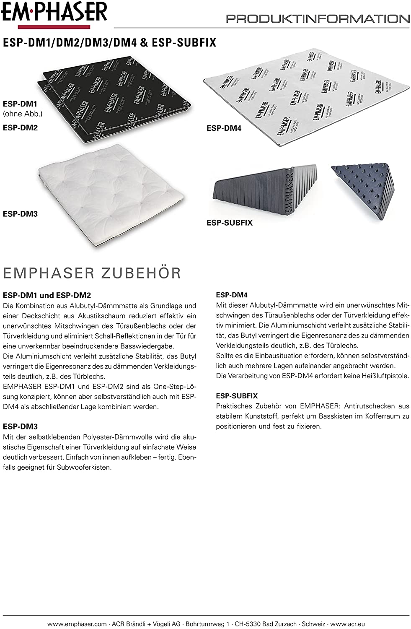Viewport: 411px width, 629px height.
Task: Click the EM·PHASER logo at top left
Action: [x=54, y=13]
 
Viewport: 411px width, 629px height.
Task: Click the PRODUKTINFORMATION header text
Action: [x=318, y=19]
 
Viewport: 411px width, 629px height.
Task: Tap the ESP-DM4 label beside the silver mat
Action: [x=224, y=128]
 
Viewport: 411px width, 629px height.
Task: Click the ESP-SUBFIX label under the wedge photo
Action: [x=230, y=223]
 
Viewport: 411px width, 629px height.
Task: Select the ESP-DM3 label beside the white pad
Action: [x=20, y=214]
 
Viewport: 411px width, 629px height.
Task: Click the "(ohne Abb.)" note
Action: [x=23, y=114]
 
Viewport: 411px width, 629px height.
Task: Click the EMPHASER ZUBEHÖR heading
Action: [x=92, y=273]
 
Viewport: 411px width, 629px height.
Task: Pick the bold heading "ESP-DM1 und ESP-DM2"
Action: [x=47, y=296]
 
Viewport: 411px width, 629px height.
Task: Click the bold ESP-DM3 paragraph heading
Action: [x=20, y=426]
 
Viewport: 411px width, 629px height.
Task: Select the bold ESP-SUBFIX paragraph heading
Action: [x=237, y=396]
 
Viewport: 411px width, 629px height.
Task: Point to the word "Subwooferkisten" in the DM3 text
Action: [x=86, y=467]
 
